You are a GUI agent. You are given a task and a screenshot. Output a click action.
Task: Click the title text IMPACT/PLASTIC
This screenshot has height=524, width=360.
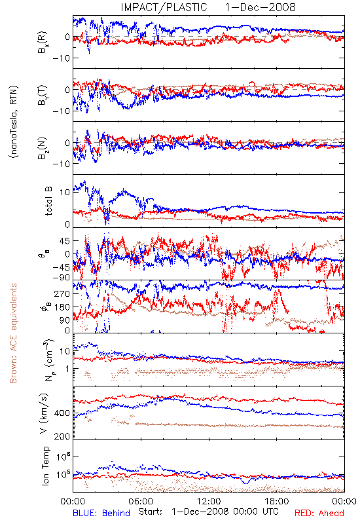(164, 7)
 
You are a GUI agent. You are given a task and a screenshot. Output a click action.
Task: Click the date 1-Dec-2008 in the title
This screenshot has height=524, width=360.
(261, 7)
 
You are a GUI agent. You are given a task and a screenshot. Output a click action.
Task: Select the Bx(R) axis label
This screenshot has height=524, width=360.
(43, 43)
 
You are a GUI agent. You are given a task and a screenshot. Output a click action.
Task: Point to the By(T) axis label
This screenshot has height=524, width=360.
(43, 95)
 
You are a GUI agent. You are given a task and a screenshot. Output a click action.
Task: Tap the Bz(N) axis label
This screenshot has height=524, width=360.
(43, 148)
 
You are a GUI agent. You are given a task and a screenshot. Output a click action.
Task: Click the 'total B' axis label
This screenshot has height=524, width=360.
(48, 201)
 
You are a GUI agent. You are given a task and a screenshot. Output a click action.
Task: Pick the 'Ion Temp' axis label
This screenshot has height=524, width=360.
(45, 466)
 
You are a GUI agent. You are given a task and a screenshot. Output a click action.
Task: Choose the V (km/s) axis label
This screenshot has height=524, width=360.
(44, 413)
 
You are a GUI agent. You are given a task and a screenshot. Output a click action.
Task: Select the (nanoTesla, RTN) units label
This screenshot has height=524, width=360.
(14, 122)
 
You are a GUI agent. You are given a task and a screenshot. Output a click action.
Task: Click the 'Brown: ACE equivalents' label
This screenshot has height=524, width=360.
(13, 333)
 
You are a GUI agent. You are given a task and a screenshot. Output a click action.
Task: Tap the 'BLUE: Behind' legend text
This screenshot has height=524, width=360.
(101, 513)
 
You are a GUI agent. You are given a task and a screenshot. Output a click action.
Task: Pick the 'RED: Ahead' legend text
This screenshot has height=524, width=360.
(319, 513)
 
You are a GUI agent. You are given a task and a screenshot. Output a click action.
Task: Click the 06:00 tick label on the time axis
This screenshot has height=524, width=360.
(141, 501)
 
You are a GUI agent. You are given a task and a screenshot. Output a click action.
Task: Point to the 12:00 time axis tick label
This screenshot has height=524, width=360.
(209, 501)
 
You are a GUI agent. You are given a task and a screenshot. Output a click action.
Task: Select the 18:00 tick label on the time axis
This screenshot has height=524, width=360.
(277, 501)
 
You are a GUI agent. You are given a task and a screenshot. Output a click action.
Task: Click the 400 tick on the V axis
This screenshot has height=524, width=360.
(62, 413)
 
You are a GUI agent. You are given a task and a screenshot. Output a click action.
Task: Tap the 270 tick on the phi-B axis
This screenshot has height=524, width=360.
(62, 293)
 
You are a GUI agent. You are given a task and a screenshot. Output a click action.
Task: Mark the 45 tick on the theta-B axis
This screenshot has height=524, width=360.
(65, 241)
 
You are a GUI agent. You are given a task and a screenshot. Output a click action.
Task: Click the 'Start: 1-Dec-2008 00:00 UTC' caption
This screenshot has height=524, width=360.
(208, 512)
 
